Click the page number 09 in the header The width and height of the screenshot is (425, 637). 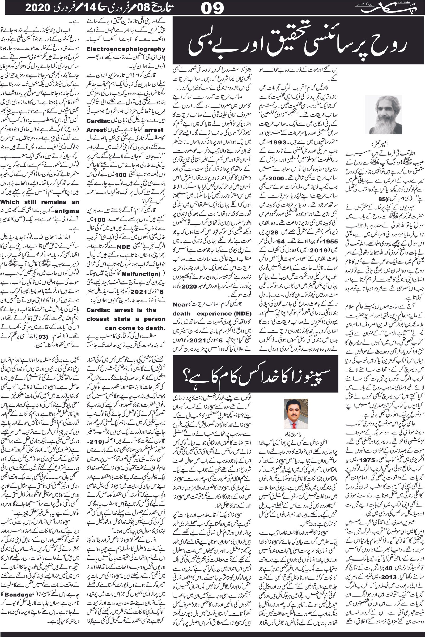(213, 8)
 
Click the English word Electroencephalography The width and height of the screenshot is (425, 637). (126, 49)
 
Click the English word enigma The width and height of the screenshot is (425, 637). (68, 211)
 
